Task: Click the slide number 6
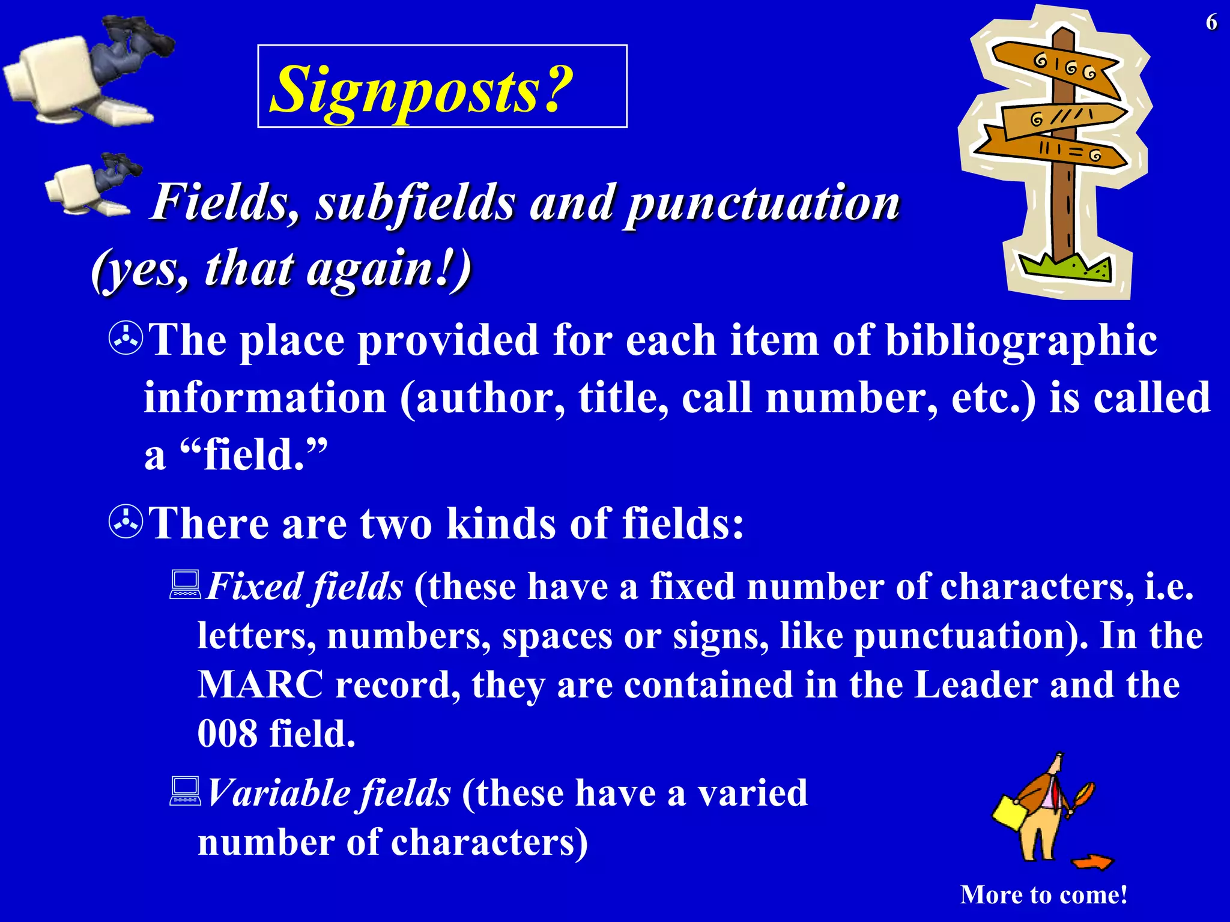1211,23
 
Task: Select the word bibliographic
1021,341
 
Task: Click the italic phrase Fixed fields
305,586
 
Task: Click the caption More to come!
1044,895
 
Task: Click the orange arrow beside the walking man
1092,863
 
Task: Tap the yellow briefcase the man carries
1011,812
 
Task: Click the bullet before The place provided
126,339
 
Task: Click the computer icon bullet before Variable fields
184,791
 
